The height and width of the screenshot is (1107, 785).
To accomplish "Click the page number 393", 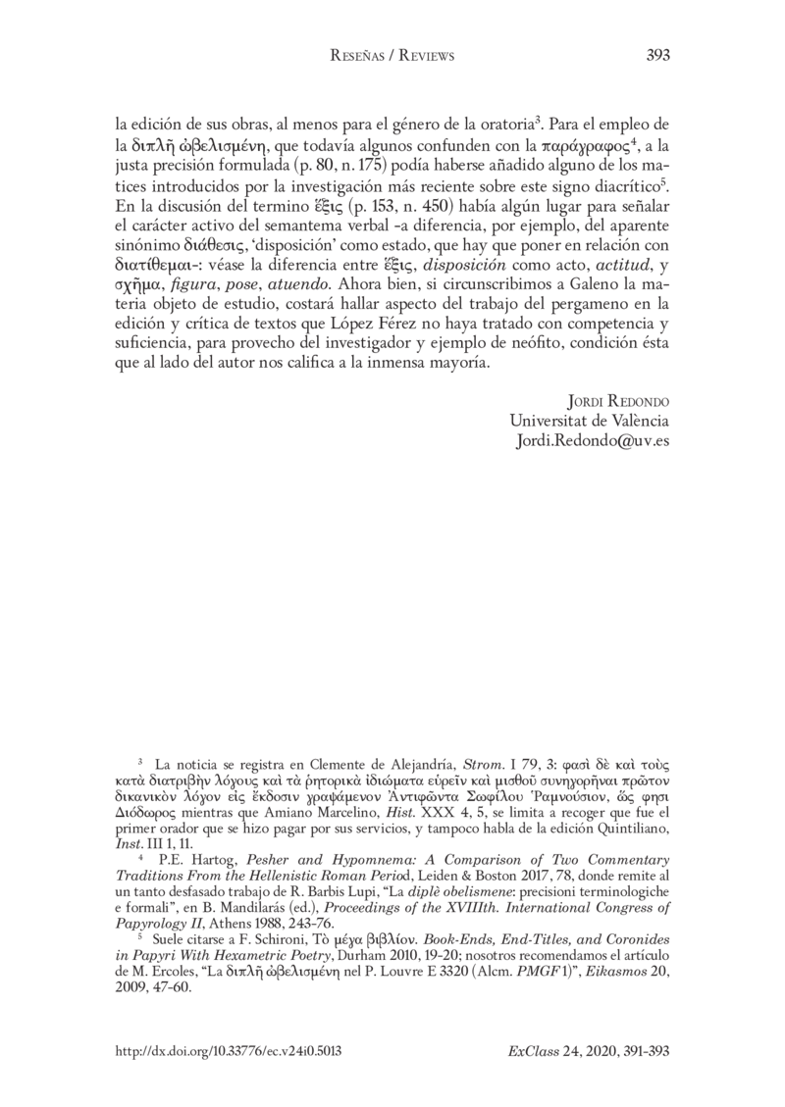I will (x=658, y=56).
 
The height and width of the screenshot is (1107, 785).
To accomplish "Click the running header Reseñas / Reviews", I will (x=392, y=57).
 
